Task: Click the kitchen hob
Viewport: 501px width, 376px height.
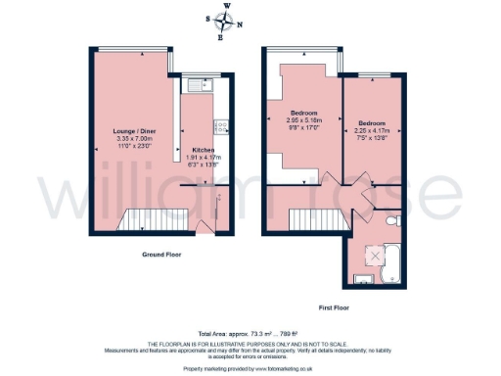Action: click(221, 125)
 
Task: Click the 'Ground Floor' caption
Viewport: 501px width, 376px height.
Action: click(163, 254)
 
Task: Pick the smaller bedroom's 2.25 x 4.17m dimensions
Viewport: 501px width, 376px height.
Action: click(371, 131)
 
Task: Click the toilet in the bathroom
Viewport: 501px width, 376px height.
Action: click(391, 225)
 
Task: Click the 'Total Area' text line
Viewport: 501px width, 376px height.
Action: click(250, 335)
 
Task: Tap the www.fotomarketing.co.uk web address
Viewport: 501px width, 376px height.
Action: click(285, 369)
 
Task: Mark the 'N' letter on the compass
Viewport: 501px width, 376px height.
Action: click(241, 25)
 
